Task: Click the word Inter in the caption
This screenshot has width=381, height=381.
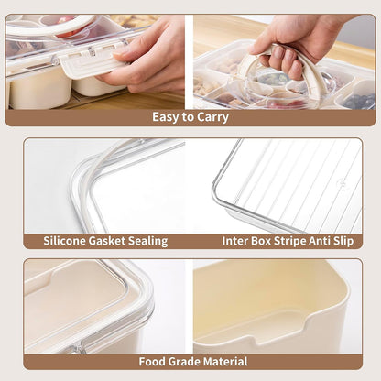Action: click(235, 242)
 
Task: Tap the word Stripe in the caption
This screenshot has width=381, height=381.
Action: click(291, 242)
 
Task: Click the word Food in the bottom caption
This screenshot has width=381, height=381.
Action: click(154, 361)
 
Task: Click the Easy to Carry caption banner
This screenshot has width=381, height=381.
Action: click(190, 117)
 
